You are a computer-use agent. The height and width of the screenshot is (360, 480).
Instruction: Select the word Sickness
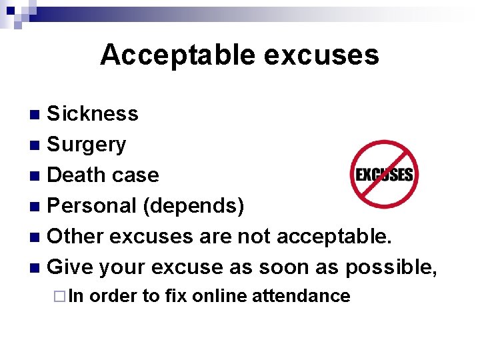(93, 114)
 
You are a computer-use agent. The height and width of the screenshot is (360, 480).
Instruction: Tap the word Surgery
(87, 145)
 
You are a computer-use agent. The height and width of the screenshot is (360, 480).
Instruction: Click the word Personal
(93, 206)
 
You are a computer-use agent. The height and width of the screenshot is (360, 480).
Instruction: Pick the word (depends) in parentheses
(193, 206)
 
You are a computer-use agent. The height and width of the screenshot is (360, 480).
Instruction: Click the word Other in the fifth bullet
(76, 237)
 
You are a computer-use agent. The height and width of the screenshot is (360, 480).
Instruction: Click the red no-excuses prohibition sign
(384, 174)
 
